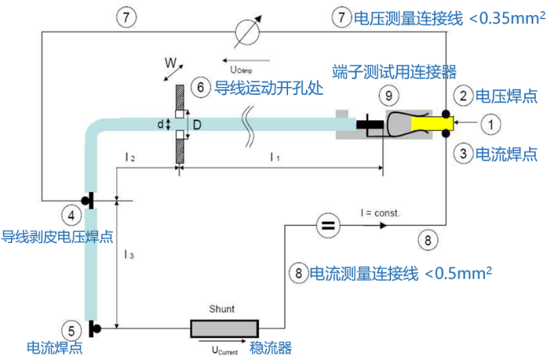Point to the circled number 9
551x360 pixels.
pyautogui.click(x=387, y=96)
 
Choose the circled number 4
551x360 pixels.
pyautogui.click(x=72, y=214)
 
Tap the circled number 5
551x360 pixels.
pyautogui.click(x=72, y=329)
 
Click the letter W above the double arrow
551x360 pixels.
pyautogui.click(x=170, y=60)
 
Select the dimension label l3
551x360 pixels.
pyautogui.click(x=128, y=255)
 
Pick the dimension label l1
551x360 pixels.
pyautogui.click(x=274, y=157)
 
